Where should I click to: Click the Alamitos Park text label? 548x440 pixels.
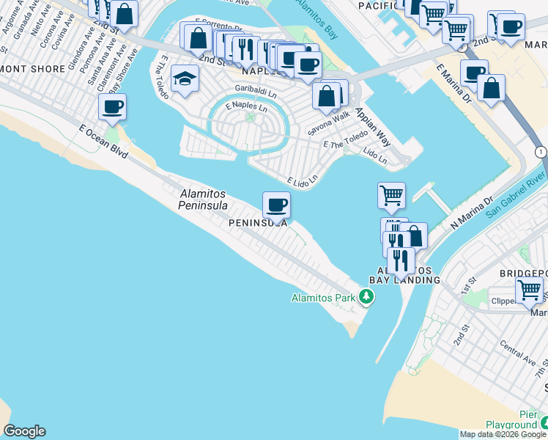pos(322,298)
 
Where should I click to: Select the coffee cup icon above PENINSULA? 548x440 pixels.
pos(276,205)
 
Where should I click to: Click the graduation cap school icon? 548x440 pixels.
pos(185,79)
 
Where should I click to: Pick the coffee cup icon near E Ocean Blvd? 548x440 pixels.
pos(112,107)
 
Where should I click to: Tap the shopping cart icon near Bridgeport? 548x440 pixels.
pos(529,289)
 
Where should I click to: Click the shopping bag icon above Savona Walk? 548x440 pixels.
pos(326,95)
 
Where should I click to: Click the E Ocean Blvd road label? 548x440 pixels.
pos(104,139)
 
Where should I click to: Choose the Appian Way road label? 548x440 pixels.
pos(373,127)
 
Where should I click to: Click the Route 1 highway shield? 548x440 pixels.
pos(540,151)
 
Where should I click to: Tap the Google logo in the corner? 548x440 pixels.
pos(24,431)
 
